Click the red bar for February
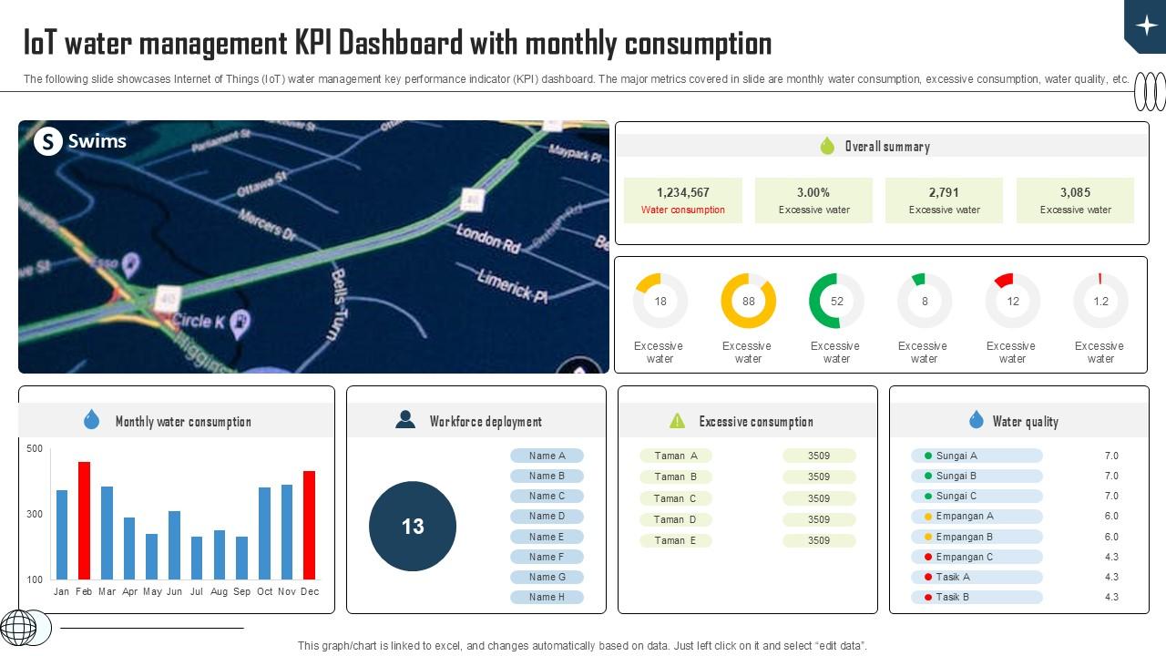tap(84, 520)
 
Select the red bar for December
tap(310, 525)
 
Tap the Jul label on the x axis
tap(197, 591)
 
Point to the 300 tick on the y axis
tap(35, 514)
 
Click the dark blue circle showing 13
tap(413, 527)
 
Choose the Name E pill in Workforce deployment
tap(547, 537)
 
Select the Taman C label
tap(675, 498)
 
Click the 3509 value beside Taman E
tap(818, 540)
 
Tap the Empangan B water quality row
tap(977, 537)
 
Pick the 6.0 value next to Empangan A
tap(1111, 516)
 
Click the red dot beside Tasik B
tap(928, 597)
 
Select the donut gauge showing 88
tap(748, 302)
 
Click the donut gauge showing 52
tap(836, 302)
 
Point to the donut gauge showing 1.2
tap(1100, 302)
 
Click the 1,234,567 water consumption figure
tap(682, 192)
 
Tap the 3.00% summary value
tap(813, 192)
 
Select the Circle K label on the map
tap(198, 321)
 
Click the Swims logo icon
tap(47, 141)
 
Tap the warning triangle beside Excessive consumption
tap(677, 421)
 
